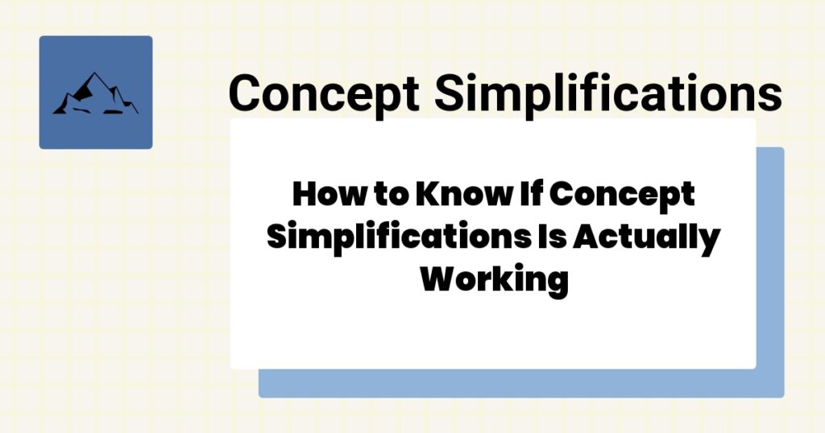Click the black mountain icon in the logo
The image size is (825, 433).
click(95, 95)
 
